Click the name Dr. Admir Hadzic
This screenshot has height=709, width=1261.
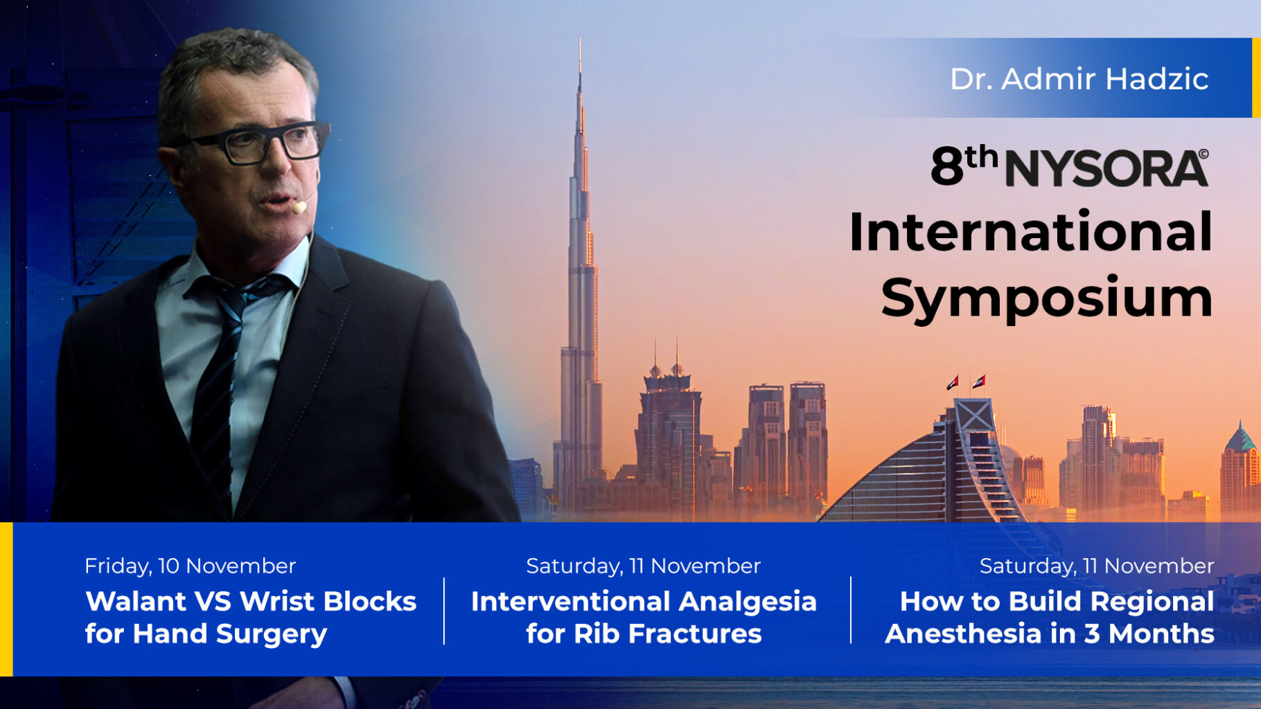[x=1079, y=79]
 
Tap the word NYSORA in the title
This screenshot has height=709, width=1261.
[x=1106, y=168]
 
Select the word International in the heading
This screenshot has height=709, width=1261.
[x=1031, y=232]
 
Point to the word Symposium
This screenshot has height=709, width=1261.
[x=1047, y=298]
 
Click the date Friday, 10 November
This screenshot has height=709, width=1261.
[x=190, y=566]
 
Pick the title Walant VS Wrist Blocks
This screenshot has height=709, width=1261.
[x=251, y=601]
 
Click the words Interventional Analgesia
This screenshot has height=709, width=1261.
[x=644, y=601]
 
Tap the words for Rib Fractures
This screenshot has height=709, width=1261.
[x=644, y=634]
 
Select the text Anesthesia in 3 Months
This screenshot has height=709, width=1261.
[x=1050, y=634]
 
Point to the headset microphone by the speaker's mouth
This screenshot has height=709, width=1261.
[x=299, y=206]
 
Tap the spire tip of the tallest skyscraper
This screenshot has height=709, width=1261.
[x=580, y=39]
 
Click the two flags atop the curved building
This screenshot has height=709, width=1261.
[x=966, y=382]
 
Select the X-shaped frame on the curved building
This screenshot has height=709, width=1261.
[x=975, y=415]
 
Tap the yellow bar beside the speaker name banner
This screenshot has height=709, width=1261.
[x=1256, y=78]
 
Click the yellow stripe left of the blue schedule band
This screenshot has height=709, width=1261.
[x=6, y=599]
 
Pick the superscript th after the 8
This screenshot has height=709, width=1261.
[x=981, y=158]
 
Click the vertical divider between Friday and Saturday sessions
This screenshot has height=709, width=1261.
[x=444, y=611]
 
